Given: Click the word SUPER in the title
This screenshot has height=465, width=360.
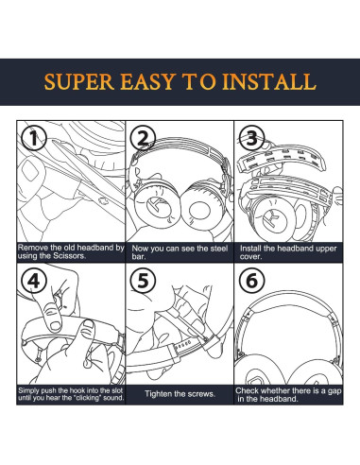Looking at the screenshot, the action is click(x=79, y=81).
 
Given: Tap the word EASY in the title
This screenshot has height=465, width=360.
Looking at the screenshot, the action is click(x=147, y=81).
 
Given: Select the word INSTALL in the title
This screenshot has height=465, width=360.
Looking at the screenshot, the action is click(x=269, y=81).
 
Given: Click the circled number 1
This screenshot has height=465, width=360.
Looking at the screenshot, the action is click(x=34, y=138).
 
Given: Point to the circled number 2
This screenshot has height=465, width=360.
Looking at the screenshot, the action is click(x=143, y=139).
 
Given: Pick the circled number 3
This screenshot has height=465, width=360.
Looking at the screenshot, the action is click(x=251, y=138).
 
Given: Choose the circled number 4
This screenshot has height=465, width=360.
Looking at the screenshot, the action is click(x=34, y=281).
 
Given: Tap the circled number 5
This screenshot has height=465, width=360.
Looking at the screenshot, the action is click(x=143, y=281).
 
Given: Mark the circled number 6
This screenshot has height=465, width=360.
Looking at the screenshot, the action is click(x=251, y=281).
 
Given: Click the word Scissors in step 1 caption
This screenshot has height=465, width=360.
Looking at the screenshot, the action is click(x=69, y=255).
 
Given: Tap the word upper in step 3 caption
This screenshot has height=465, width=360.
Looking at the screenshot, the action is click(x=326, y=249).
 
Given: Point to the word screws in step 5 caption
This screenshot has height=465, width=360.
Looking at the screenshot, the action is click(x=201, y=394).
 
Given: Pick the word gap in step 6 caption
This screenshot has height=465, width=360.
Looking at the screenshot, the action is click(x=334, y=391).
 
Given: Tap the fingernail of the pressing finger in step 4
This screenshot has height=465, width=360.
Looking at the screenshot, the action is click(x=56, y=325).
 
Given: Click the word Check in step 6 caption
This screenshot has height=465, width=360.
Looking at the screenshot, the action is click(x=248, y=390).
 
